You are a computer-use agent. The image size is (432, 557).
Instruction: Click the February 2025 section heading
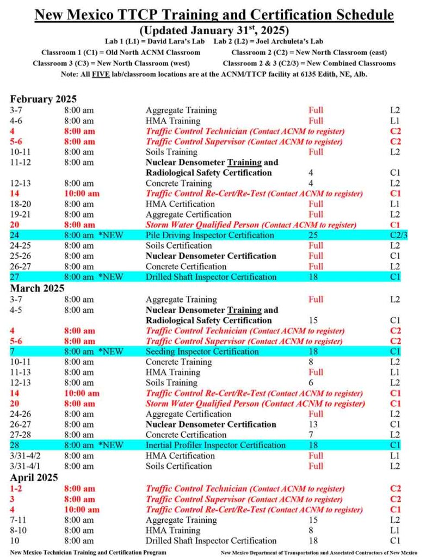44,99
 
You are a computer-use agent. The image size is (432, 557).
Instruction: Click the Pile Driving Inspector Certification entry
209,236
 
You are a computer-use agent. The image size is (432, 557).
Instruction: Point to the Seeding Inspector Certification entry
202,351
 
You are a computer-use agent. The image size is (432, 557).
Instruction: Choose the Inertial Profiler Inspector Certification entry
215,445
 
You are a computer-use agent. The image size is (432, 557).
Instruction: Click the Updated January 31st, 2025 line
215,30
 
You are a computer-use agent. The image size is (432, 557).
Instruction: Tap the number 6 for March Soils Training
311,383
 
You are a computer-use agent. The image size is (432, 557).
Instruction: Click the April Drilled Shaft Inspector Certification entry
211,541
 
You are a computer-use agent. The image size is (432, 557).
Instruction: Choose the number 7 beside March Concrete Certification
311,435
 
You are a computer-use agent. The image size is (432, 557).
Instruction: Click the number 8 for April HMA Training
311,530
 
